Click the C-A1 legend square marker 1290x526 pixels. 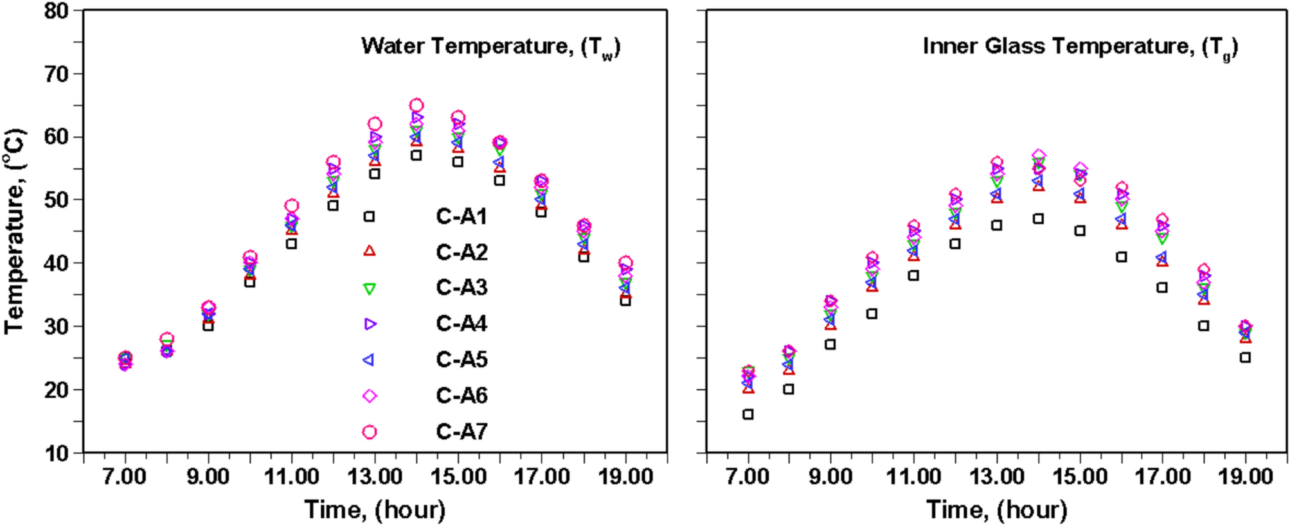click(369, 216)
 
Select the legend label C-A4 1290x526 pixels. click(461, 323)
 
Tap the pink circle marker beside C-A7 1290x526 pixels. click(369, 432)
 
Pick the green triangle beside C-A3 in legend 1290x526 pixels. click(369, 288)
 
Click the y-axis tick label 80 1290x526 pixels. click(56, 11)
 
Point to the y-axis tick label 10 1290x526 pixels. click(56, 453)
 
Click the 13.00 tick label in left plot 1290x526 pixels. click(375, 477)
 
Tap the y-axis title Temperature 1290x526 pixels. click(14, 231)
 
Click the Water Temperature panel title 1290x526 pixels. click(490, 47)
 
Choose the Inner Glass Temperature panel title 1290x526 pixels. click(1080, 47)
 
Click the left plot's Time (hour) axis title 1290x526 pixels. click(375, 509)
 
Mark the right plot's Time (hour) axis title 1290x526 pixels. click(996, 509)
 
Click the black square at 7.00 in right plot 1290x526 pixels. click(748, 414)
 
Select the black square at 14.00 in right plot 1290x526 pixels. click(1038, 218)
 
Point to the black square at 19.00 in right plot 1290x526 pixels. click(1245, 357)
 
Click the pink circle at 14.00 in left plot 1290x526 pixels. click(417, 105)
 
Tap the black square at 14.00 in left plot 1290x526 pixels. click(417, 155)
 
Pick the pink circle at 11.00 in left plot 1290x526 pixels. click(291, 206)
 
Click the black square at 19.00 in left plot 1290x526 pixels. click(625, 301)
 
